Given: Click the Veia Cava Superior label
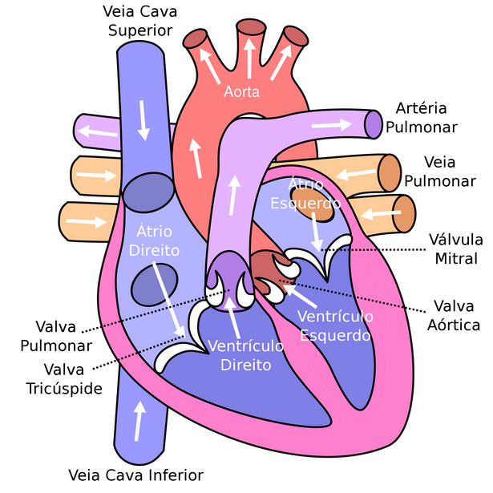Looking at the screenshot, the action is point(140,21).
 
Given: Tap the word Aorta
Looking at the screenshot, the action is point(242,92).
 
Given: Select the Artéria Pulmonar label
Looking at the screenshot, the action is point(422,118).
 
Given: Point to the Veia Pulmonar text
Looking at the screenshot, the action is point(440,172).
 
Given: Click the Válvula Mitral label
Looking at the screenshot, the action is point(456,249).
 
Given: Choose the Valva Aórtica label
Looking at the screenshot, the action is point(454,315).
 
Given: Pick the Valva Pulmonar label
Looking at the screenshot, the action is point(56,336).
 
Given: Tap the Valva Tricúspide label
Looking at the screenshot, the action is point(64,379).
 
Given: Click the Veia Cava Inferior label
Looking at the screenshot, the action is point(135,475).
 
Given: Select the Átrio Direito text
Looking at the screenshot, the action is point(154,241).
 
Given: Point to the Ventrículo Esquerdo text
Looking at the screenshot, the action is point(335,325).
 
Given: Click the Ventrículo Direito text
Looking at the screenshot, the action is point(246,356).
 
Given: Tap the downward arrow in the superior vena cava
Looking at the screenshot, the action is point(143,120).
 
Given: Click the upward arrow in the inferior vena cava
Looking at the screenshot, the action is point(139,421).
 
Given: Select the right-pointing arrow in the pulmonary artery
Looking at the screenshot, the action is point(332,125).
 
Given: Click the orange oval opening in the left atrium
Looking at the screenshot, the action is point(312,205).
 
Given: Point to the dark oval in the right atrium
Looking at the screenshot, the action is point(155,285).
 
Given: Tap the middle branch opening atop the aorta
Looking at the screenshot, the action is point(251,27).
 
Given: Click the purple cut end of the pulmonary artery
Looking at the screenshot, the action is point(374,124).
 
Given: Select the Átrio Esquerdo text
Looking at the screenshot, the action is point(305,194).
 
